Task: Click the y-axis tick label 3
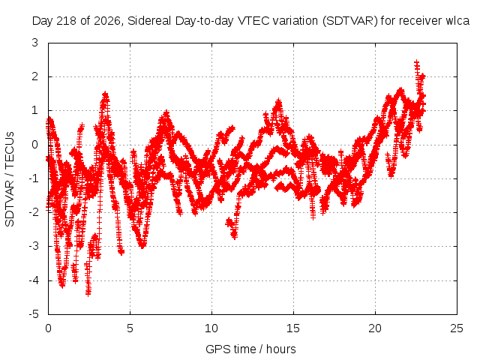pyautogui.click(x=35, y=43)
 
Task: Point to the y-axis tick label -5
pyautogui.click(x=34, y=314)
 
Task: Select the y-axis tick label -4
pyautogui.click(x=34, y=280)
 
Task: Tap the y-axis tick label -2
pyautogui.click(x=34, y=212)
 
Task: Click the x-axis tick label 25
pyautogui.click(x=457, y=328)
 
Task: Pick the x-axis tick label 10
pyautogui.click(x=211, y=328)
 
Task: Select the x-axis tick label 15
pyautogui.click(x=293, y=328)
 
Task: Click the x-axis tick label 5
pyautogui.click(x=130, y=328)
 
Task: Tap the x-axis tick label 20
pyautogui.click(x=375, y=328)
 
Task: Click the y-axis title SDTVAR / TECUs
pyautogui.click(x=10, y=179)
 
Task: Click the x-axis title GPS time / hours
pyautogui.click(x=250, y=349)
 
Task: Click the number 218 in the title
pyautogui.click(x=66, y=21)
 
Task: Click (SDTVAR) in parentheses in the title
pyautogui.click(x=350, y=21)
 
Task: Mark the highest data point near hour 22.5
pyautogui.click(x=417, y=63)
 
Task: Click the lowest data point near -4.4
pyautogui.click(x=88, y=293)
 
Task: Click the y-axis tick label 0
pyautogui.click(x=35, y=145)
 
